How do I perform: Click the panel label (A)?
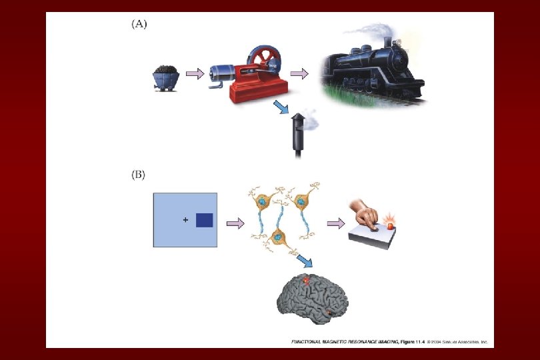[x=138, y=24]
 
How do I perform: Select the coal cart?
[x=164, y=76]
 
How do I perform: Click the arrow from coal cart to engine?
[x=195, y=74]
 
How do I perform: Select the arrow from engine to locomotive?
[x=301, y=73]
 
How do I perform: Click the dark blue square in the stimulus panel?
[x=204, y=220]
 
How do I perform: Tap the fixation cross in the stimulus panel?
[x=185, y=220]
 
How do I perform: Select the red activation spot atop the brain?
[x=307, y=282]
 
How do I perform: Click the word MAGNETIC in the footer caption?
[x=350, y=341]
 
